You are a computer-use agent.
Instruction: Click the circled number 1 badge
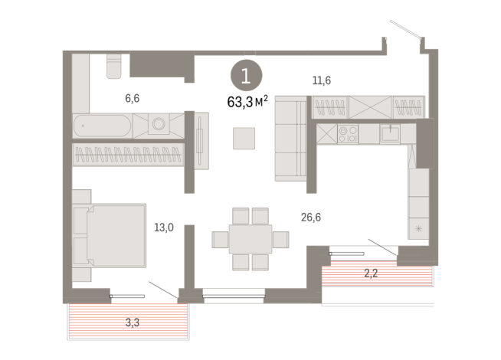click(x=245, y=76)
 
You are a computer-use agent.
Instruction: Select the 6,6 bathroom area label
click(x=132, y=98)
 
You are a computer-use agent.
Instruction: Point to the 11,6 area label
click(x=322, y=80)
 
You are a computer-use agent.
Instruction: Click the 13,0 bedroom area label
click(x=163, y=227)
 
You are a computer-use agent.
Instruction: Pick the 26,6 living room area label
click(x=311, y=218)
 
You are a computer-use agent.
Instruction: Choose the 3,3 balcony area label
click(x=133, y=322)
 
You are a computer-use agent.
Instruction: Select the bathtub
click(x=102, y=126)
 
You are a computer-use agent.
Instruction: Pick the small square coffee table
click(x=245, y=139)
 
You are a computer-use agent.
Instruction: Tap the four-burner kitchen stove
click(x=347, y=134)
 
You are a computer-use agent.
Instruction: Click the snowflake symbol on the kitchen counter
click(x=418, y=229)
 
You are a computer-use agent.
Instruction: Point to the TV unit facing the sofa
click(x=201, y=141)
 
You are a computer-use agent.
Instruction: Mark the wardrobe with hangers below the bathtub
click(x=128, y=155)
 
